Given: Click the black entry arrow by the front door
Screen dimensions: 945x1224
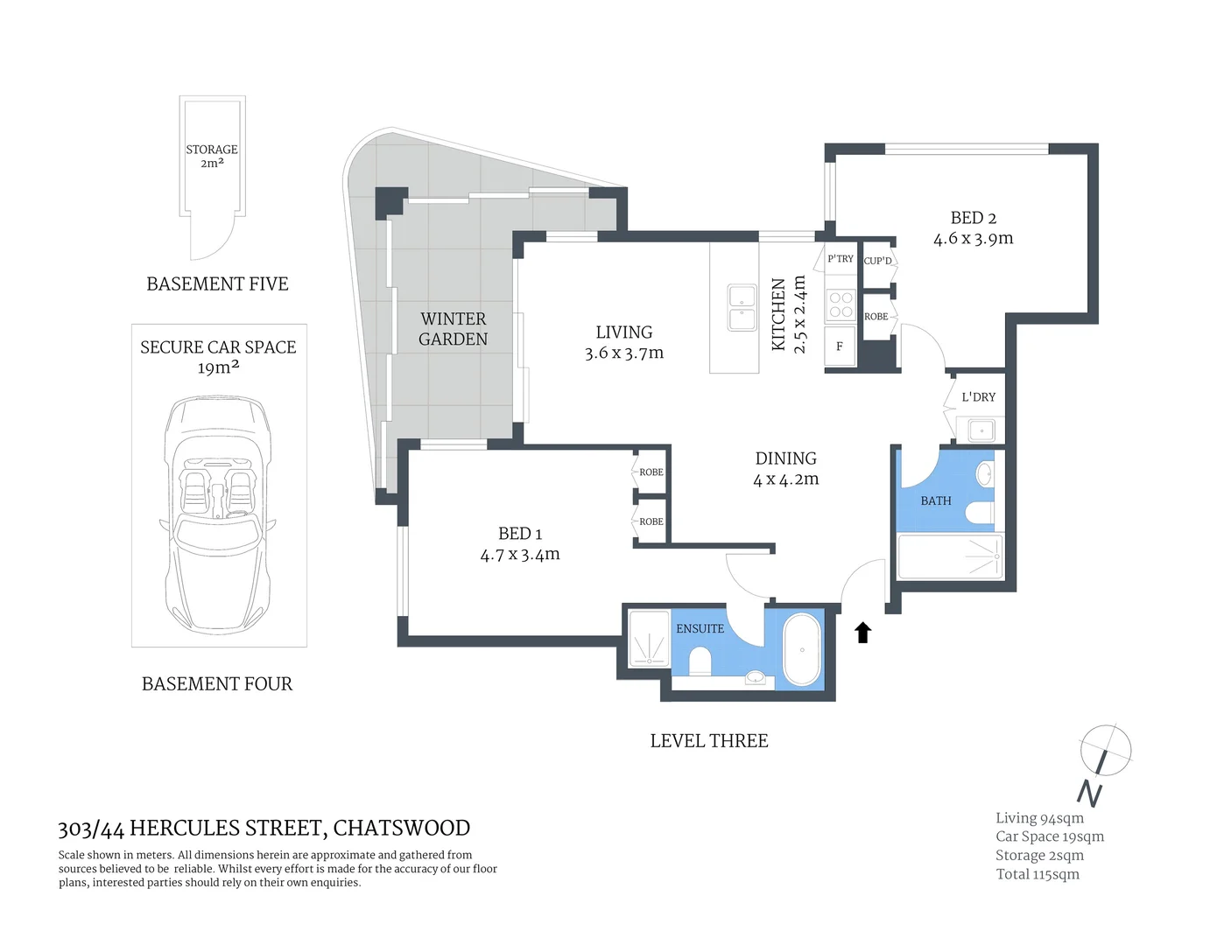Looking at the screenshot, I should [862, 632].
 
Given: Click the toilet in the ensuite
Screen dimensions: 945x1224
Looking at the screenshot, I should [700, 661].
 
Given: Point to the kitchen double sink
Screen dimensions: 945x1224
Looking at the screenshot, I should [742, 308].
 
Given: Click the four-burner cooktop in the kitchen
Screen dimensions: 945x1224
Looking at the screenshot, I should [841, 304].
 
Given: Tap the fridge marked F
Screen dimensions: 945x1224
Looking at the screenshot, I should [839, 346].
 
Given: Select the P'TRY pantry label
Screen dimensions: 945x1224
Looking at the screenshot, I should [840, 259].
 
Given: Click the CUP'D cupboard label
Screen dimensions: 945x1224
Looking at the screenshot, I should [877, 261].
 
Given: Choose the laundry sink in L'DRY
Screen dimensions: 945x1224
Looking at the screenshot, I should [980, 430].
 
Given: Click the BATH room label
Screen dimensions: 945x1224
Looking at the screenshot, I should [935, 501].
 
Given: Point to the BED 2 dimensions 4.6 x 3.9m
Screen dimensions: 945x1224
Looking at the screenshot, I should [973, 239].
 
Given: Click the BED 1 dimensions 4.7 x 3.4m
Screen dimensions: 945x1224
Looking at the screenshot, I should [519, 555].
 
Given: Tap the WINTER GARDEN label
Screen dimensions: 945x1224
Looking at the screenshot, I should [453, 329].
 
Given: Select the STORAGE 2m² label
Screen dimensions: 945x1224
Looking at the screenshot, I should [212, 156].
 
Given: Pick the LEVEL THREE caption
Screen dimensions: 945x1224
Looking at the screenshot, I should [708, 741].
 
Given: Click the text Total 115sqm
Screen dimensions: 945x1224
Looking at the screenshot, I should [1038, 874].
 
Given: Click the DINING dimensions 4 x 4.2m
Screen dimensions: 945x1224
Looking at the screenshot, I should [785, 479].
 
